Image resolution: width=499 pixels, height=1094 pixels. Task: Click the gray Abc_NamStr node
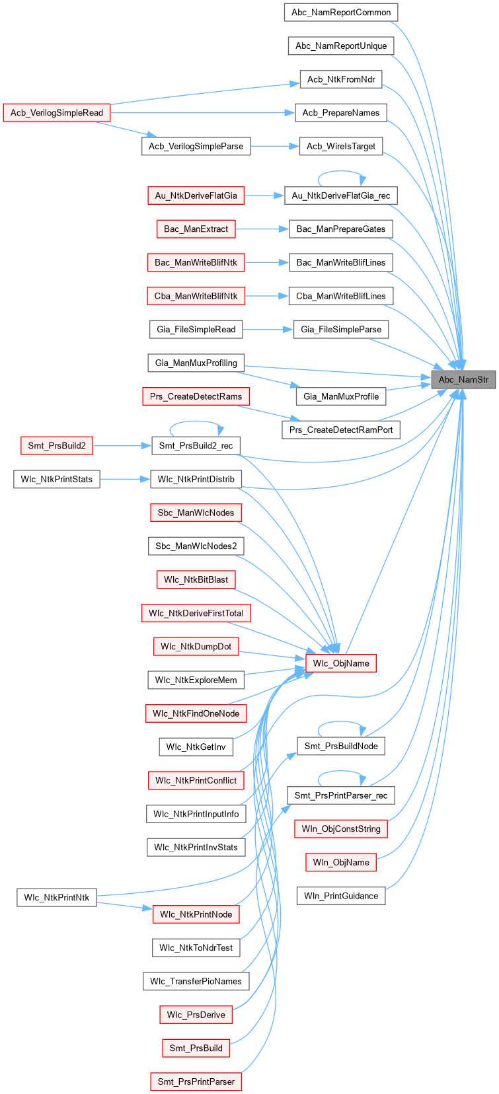463,379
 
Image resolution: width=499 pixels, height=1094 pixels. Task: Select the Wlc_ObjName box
341,663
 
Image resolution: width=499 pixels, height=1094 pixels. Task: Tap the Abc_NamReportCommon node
341,13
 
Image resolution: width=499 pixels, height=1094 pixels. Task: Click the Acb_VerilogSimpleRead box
57,113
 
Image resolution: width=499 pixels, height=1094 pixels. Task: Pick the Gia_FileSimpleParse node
341,330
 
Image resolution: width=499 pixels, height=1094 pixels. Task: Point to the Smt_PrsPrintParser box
196,1081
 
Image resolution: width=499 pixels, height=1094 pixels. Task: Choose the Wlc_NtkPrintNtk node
57,897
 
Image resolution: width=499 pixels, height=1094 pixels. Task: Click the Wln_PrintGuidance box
341,896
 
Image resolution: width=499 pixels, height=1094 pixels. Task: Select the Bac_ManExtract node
196,229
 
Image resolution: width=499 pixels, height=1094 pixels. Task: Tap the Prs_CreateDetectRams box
196,396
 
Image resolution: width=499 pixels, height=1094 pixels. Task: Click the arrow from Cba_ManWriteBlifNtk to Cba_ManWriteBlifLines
266,296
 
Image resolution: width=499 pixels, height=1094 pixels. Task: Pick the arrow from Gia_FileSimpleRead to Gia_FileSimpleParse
268,330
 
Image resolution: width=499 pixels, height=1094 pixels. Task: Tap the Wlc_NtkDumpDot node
196,646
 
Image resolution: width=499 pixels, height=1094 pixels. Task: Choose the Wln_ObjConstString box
341,828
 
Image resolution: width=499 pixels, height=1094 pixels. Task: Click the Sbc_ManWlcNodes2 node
196,546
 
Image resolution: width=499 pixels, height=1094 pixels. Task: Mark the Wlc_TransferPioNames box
196,981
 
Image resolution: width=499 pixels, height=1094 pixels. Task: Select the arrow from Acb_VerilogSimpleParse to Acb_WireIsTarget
274,146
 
